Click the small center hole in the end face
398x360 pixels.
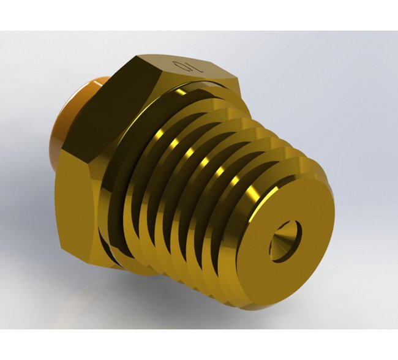(x=286, y=240)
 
